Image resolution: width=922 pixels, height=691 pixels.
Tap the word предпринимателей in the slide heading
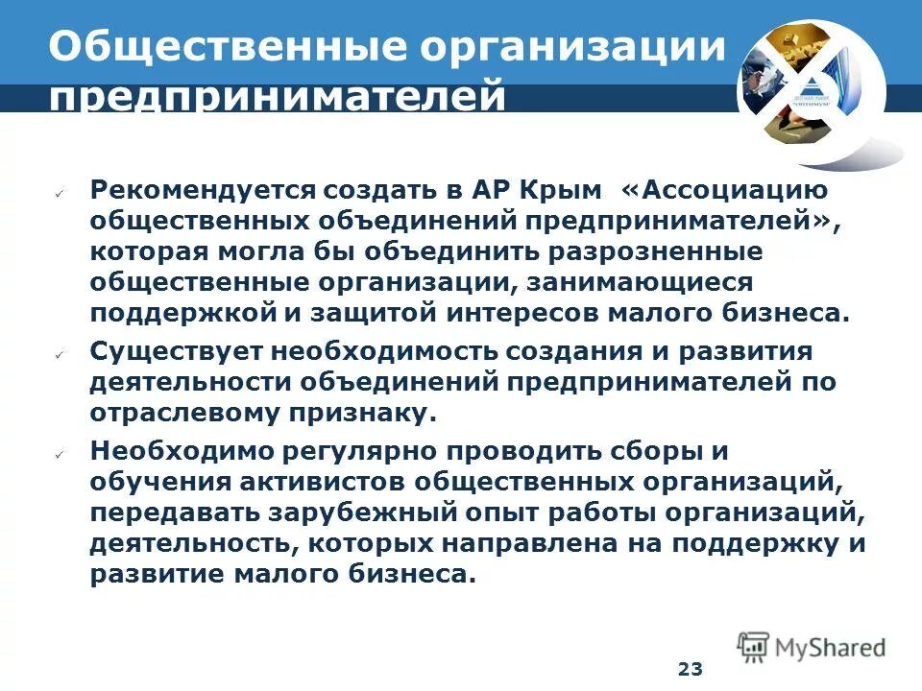click(x=279, y=99)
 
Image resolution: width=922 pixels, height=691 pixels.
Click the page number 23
click(x=690, y=669)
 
